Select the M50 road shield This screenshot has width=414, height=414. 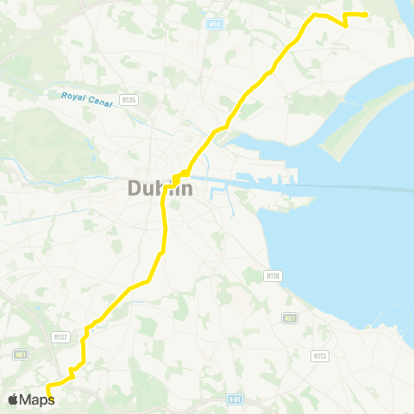[215, 25]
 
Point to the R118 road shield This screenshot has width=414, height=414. [274, 275]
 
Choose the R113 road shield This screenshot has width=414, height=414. [319, 355]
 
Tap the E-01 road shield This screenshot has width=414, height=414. [235, 398]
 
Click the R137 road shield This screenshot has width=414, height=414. [60, 337]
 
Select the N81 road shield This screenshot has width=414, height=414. [21, 354]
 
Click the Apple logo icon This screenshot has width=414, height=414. [14, 398]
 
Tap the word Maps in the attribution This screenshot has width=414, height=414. [38, 399]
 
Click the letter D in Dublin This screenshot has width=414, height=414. [135, 188]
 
